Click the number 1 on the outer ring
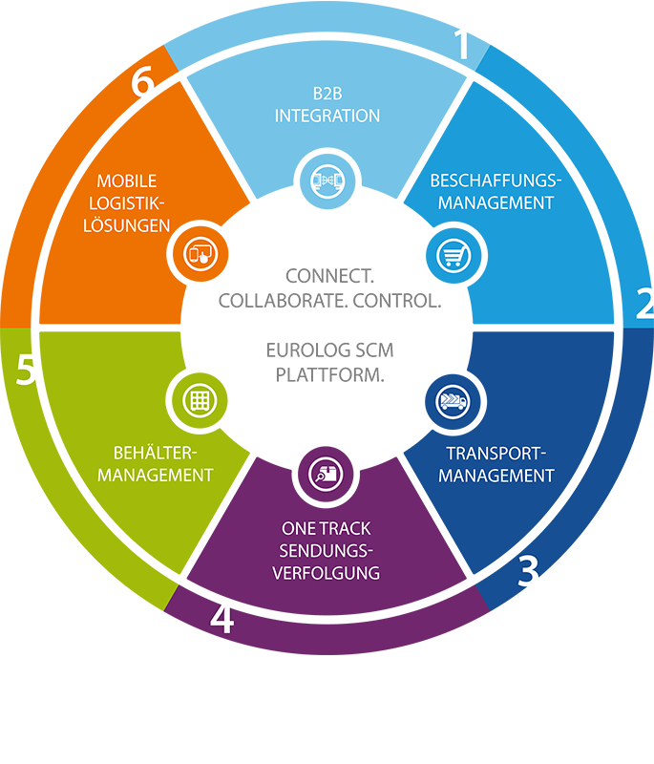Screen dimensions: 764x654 tap(463, 44)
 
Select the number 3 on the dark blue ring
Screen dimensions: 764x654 tap(528, 571)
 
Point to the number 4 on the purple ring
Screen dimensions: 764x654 tap(222, 619)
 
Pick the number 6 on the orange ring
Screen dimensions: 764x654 tap(142, 84)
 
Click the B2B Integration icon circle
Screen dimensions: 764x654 tap(327, 180)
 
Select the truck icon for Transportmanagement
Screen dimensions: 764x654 tap(452, 400)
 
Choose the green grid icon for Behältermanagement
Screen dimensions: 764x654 tap(199, 400)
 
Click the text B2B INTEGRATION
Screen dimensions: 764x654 tap(327, 105)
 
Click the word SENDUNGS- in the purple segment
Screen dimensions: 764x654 tap(327, 551)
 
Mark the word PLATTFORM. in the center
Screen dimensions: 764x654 tap(329, 374)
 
